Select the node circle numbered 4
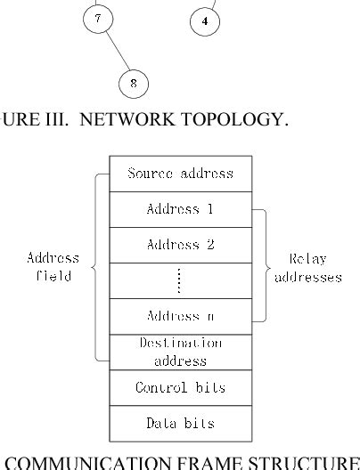208,19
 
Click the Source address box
181,173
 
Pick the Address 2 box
181,244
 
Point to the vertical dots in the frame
181,280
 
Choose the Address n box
181,316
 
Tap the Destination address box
181,351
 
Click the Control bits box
181,387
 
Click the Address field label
55,266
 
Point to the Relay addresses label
307,266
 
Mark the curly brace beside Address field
100,266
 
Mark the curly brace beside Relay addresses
262,265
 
